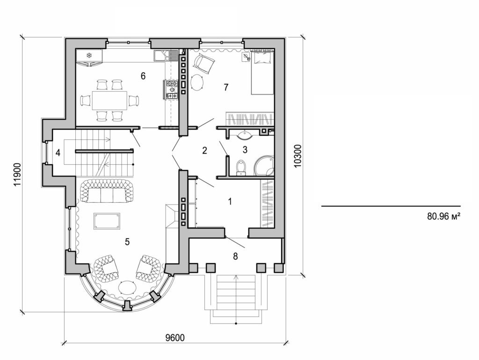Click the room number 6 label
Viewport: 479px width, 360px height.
143,75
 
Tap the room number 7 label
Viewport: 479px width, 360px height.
226,87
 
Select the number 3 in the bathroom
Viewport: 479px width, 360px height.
245,150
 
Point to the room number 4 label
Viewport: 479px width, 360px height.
58,152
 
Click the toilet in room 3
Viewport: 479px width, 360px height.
241,168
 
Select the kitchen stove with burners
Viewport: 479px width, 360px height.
172,89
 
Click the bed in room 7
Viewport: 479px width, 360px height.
262,73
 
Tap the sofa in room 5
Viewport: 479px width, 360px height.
107,191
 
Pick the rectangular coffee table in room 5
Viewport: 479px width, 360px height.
107,221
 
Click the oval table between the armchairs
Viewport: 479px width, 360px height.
127,287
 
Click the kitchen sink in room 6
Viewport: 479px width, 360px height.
162,56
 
